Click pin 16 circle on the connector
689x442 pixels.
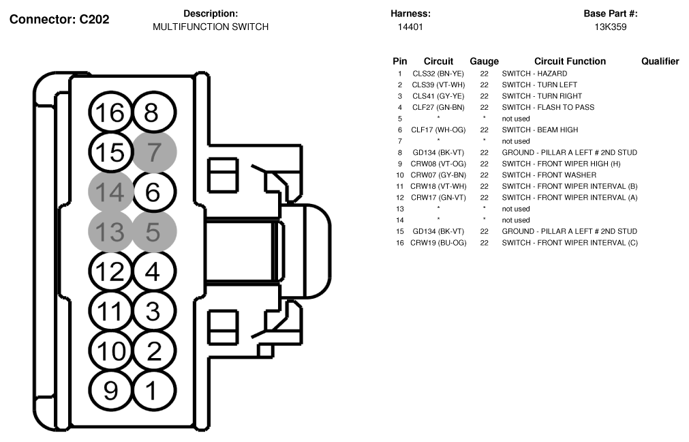[110, 113]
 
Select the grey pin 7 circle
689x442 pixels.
[155, 152]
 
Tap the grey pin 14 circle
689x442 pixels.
[110, 192]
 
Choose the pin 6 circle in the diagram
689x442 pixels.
[155, 192]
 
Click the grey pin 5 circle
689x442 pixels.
[155, 232]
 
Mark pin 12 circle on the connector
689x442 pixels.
[110, 271]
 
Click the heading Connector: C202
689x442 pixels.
[59, 19]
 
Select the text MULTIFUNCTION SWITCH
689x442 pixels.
[211, 27]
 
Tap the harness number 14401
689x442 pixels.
[410, 27]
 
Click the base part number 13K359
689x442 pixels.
[611, 27]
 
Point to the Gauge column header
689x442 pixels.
[485, 61]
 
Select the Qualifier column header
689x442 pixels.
[660, 61]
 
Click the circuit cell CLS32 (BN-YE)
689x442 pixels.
[438, 74]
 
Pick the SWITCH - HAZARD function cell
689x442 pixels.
[534, 74]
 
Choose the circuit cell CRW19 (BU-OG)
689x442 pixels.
[438, 243]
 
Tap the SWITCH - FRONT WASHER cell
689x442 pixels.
[549, 175]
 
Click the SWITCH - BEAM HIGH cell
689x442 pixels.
[540, 130]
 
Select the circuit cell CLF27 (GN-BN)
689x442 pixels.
[438, 107]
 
